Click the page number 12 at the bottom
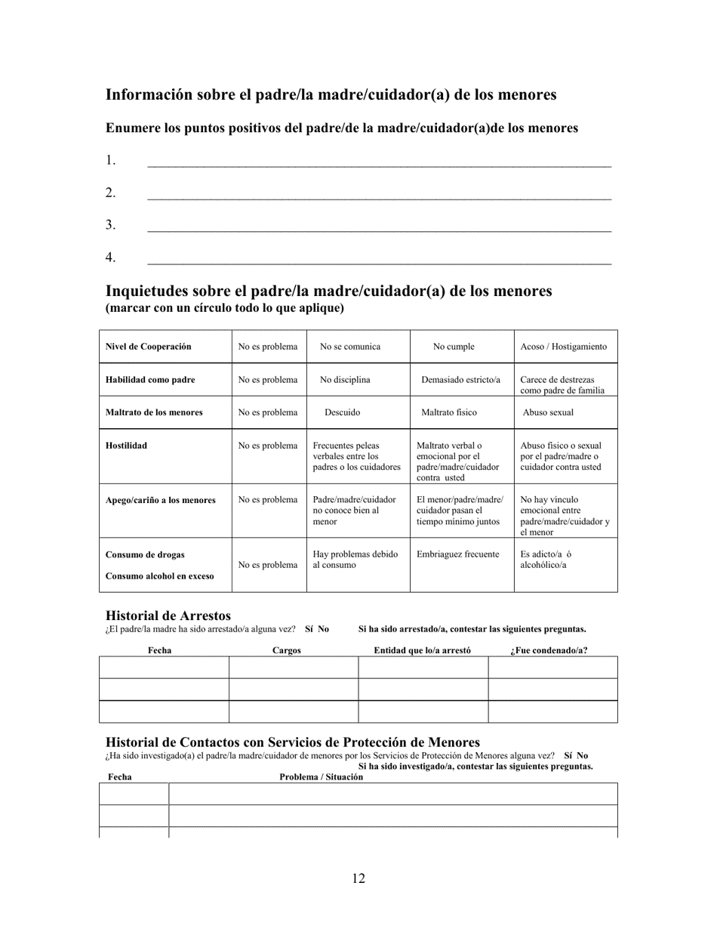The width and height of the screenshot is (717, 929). tap(358, 878)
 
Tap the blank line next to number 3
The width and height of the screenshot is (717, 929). tap(379, 227)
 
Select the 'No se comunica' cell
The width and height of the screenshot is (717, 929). tap(350, 347)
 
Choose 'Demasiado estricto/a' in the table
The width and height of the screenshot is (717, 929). tap(460, 380)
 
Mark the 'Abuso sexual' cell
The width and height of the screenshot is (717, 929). tap(548, 412)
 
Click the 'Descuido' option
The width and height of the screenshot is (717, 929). tap(342, 412)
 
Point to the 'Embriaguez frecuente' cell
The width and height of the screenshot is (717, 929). tap(458, 554)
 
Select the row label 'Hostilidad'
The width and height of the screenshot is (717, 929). tap(126, 446)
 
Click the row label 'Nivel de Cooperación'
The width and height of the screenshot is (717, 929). tap(148, 347)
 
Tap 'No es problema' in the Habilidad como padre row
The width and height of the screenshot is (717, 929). tap(268, 380)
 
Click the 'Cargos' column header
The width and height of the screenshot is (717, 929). tap(286, 650)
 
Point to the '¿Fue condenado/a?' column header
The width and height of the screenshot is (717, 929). tap(549, 650)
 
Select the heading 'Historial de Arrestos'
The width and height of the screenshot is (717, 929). tap(168, 616)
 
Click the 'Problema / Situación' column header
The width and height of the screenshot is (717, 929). tap(321, 777)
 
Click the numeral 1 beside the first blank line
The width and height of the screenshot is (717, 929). tap(110, 160)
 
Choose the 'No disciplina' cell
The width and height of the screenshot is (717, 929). tap(345, 380)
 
